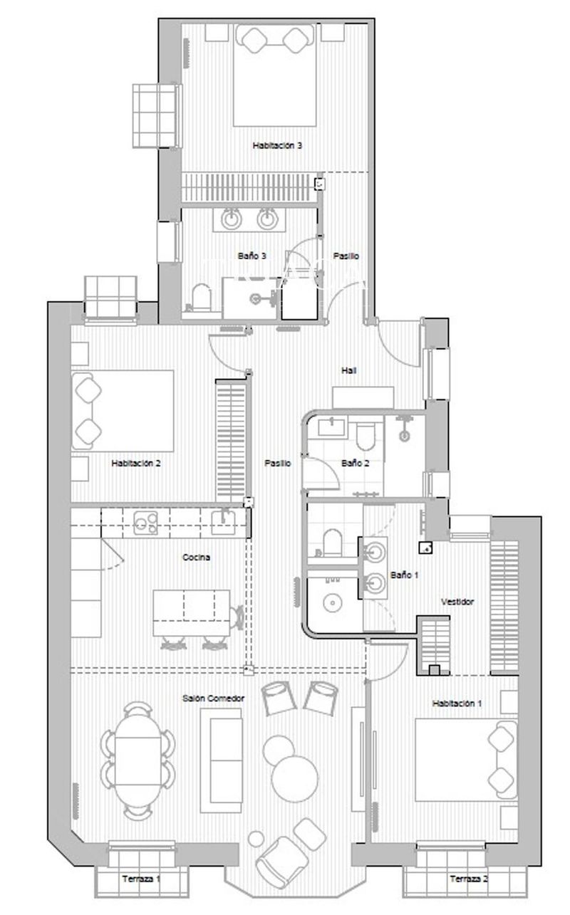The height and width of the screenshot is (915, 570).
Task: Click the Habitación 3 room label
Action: point(277,145)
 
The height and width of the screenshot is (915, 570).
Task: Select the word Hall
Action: point(349,370)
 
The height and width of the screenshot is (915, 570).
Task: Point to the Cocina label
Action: point(196,558)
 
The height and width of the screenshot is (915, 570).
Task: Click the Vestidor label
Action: point(457,602)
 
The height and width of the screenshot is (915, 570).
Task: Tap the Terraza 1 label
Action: point(140,879)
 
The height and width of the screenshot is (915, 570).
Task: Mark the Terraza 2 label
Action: point(469,879)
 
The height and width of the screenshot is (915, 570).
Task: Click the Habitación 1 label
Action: point(457,703)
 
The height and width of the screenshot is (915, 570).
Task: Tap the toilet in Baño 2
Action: point(365,436)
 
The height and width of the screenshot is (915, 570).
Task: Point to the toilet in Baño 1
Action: point(331,543)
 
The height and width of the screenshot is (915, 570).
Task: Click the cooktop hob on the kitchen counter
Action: point(146,523)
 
